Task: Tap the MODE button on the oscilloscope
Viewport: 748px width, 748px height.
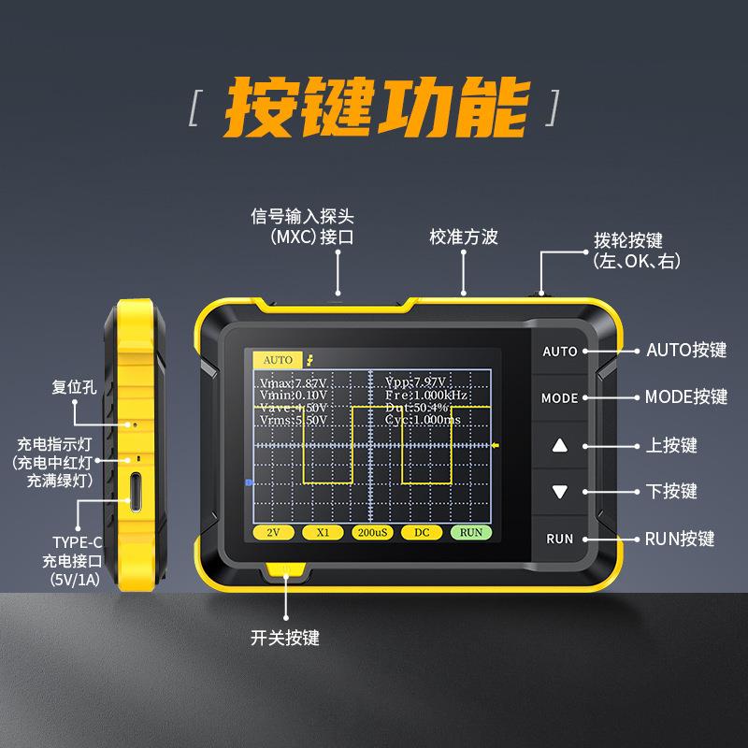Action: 559,398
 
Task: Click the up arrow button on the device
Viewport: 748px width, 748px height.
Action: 560,445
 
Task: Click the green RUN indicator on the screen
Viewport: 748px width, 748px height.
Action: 470,532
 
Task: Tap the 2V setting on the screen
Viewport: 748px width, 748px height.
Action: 274,532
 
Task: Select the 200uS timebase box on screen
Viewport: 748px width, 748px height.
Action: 372,532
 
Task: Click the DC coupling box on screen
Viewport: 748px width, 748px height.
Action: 421,532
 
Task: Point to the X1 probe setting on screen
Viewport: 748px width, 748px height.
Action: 323,532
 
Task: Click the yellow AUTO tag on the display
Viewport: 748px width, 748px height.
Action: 278,359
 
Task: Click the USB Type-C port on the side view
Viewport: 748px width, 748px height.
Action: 137,493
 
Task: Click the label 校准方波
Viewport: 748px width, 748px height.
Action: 464,237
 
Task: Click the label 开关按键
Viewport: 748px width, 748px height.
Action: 285,638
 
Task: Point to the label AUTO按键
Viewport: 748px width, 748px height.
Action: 686,351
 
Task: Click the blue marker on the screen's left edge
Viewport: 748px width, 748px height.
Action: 249,482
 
